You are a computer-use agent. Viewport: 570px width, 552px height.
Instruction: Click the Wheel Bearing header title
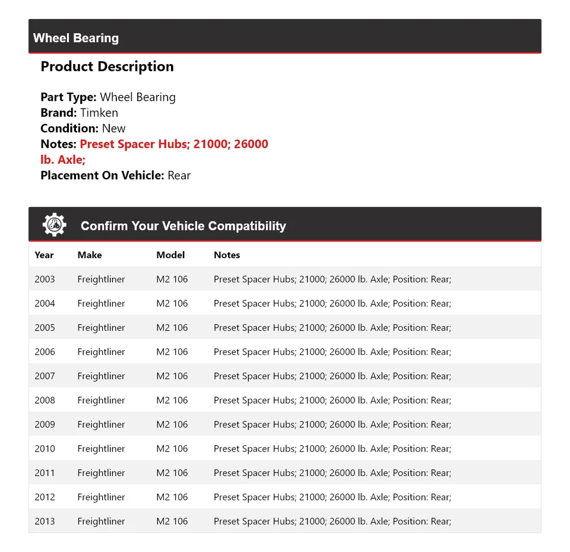76,38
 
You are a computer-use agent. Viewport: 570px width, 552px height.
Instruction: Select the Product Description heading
107,66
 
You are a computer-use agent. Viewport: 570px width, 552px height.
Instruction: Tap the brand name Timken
99,113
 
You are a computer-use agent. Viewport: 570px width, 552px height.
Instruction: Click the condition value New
113,128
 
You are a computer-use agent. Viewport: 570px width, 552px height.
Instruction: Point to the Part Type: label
68,97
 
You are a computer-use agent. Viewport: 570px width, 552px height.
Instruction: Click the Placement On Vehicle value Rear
179,175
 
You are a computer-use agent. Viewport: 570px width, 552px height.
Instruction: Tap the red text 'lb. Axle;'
63,160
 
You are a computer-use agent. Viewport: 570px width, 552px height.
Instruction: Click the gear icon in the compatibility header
54,225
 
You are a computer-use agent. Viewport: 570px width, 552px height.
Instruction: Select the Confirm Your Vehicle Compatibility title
183,226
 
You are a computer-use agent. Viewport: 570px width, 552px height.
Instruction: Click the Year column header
44,255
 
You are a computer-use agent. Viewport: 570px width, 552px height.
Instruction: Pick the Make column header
90,255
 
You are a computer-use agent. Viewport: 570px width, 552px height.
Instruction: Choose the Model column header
170,255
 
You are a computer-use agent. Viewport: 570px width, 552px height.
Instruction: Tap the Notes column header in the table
227,255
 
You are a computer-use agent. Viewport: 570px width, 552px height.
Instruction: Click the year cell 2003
45,279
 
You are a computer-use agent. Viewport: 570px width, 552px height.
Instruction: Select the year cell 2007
45,376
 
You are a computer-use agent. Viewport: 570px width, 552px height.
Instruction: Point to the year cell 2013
45,521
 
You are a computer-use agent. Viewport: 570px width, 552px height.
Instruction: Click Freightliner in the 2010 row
101,449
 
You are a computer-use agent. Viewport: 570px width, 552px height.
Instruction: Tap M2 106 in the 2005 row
172,328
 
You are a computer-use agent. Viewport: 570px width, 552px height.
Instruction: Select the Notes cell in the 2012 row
332,497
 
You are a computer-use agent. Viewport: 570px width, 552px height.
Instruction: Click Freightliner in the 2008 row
101,400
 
